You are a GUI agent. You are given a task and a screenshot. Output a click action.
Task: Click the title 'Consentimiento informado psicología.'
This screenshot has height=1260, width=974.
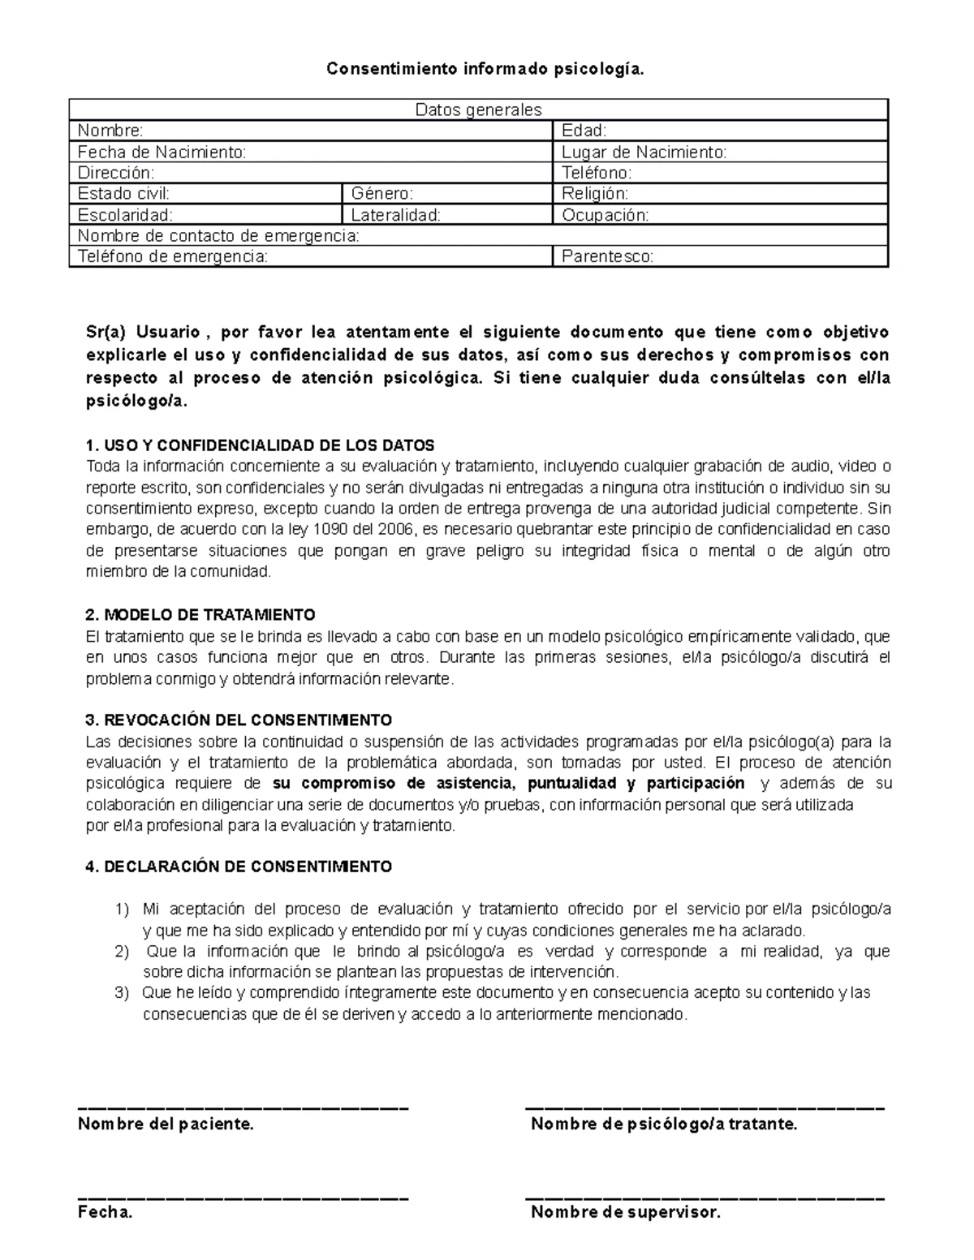tap(486, 69)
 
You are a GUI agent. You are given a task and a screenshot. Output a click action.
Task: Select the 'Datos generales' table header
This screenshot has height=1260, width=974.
tap(478, 110)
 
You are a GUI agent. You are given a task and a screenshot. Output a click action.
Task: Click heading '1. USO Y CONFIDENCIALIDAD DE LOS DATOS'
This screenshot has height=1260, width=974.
tap(260, 445)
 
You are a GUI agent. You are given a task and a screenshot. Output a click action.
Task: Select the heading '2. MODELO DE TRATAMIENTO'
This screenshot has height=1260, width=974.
tap(200, 614)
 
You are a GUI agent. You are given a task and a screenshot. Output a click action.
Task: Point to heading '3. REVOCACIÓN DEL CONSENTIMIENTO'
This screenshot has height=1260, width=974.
tap(239, 720)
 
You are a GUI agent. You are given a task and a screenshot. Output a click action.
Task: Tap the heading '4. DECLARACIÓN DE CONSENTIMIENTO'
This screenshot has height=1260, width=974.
tap(239, 867)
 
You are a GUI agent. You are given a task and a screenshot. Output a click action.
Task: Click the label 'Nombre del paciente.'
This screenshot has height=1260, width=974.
tap(166, 1124)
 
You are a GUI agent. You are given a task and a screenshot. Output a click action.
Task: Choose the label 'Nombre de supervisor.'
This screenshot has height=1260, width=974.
tap(625, 1213)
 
